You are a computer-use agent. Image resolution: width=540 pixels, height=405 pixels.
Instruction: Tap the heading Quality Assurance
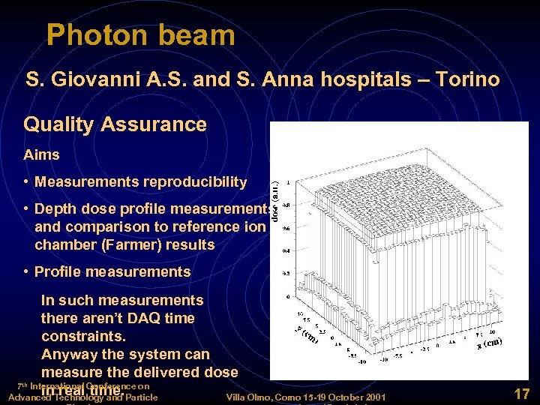coord(115,124)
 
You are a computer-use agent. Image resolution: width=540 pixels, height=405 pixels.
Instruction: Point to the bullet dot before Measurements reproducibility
coord(27,182)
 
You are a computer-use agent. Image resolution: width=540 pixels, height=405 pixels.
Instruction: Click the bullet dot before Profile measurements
coord(27,272)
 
